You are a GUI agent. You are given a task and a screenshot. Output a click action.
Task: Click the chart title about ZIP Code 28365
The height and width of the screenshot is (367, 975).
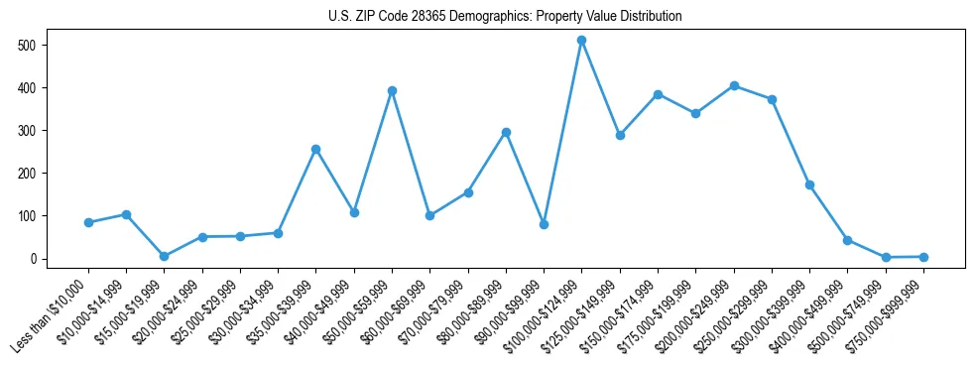pos(505,17)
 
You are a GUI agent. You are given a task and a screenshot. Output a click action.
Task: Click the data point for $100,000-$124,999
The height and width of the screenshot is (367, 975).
pos(581,40)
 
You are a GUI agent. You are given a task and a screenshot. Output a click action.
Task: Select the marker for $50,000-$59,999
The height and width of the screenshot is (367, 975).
pos(392,90)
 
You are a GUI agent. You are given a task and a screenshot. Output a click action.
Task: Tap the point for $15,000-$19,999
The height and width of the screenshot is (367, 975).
pos(164,256)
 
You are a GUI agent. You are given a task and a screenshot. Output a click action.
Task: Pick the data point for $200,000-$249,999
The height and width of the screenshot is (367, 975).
pos(734,85)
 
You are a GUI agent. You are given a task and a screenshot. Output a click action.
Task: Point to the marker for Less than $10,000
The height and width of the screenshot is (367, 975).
pos(88,222)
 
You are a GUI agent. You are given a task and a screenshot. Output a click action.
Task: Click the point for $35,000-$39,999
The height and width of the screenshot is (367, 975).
pos(315,149)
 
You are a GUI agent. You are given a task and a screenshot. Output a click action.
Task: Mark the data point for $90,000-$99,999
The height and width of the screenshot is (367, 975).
pos(544,224)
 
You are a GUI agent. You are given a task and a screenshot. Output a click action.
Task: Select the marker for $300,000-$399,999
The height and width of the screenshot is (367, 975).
pos(809,184)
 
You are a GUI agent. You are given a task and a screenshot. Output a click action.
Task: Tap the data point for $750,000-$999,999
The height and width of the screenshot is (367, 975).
pos(923,257)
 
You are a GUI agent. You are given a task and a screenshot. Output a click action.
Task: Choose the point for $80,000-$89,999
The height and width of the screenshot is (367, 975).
pos(506,132)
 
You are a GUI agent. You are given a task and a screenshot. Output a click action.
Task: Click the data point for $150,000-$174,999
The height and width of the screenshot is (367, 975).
pos(658,94)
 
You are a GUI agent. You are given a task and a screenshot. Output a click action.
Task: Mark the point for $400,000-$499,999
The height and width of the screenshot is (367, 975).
pos(847,240)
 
